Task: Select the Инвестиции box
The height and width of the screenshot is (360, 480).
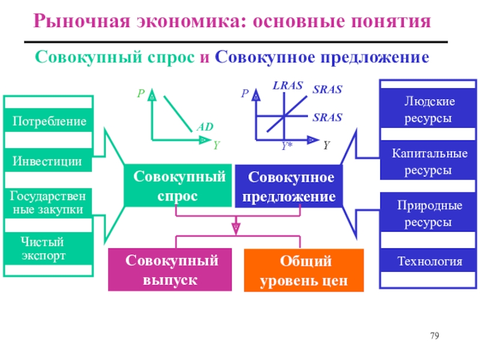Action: click(49, 160)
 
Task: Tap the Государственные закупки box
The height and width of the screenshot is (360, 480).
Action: click(49, 203)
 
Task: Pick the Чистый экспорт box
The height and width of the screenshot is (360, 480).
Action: click(49, 248)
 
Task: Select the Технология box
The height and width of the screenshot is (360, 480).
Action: click(428, 260)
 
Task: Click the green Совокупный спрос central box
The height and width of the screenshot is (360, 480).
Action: click(178, 185)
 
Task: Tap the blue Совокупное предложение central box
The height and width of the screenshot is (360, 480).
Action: click(289, 186)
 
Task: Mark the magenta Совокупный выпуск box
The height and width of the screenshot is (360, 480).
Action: click(170, 269)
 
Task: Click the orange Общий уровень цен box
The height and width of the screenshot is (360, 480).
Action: click(304, 271)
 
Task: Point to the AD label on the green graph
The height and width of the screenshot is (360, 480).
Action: click(205, 127)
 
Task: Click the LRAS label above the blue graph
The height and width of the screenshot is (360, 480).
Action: click(288, 85)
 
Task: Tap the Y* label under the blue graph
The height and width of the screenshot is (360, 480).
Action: click(287, 146)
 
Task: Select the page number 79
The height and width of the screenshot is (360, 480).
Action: click(434, 336)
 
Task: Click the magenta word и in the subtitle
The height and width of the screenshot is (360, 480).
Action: click(205, 57)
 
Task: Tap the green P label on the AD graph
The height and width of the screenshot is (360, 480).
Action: click(141, 93)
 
